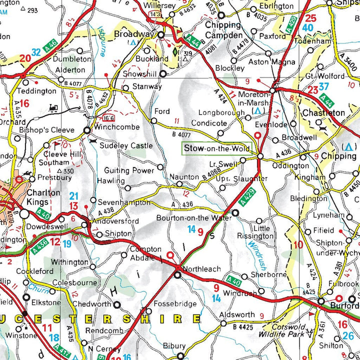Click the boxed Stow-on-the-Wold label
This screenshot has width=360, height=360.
point(216,148)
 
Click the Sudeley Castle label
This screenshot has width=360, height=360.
point(125,145)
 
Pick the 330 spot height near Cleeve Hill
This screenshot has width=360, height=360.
point(66,171)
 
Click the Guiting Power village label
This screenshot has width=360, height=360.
point(129,170)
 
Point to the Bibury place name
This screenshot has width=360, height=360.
point(174,345)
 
